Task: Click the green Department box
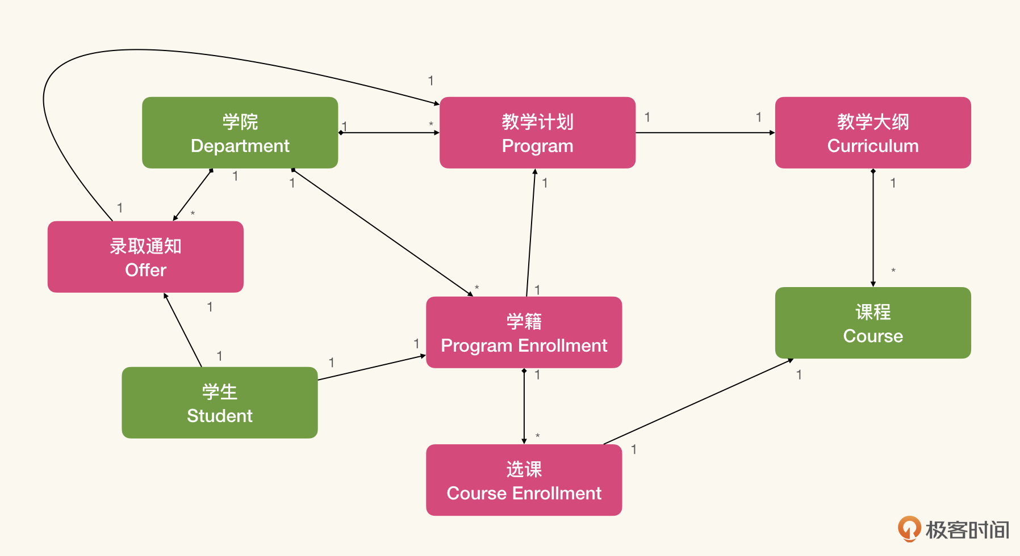click(x=240, y=133)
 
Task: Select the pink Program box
click(x=537, y=133)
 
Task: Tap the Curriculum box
click(x=872, y=133)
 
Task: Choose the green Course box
click(x=872, y=323)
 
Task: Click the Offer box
click(x=145, y=257)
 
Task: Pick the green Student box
click(x=219, y=403)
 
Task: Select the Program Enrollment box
click(x=524, y=332)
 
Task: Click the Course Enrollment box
click(x=524, y=480)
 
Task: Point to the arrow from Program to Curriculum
click(x=704, y=133)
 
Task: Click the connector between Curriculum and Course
click(x=873, y=227)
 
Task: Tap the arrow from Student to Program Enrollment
click(x=371, y=368)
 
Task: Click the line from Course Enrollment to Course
click(x=699, y=402)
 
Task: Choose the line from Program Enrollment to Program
click(x=531, y=233)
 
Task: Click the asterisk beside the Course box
click(x=893, y=271)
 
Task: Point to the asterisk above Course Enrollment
click(x=537, y=436)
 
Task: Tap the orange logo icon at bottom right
click(x=909, y=529)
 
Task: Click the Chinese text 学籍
click(x=524, y=321)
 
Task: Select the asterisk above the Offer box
click(x=193, y=214)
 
